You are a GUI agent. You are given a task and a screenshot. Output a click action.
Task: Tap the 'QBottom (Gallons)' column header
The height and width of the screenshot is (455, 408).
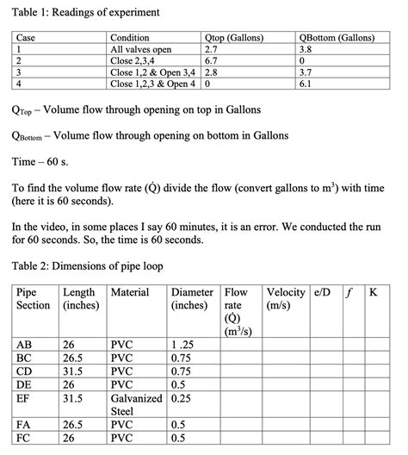click(x=339, y=39)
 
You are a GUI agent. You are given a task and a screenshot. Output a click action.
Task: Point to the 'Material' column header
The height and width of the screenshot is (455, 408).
click(x=131, y=293)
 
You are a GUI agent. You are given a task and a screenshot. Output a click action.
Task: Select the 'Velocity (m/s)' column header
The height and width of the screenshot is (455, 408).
click(x=286, y=299)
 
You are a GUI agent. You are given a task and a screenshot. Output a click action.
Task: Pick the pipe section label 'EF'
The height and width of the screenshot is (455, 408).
click(x=24, y=399)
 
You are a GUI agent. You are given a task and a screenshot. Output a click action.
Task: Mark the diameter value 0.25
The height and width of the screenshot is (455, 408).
click(x=181, y=399)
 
